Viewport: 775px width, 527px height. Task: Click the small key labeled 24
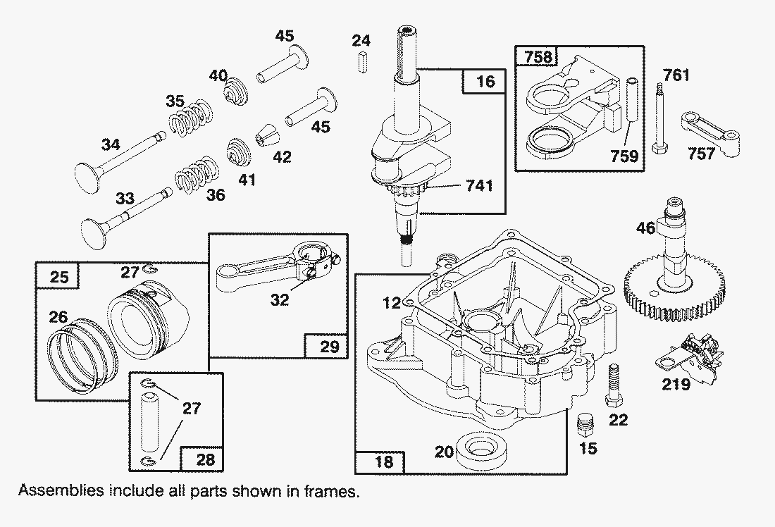click(x=361, y=61)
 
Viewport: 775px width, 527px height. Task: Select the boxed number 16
click(x=485, y=82)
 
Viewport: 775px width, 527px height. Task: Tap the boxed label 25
click(x=58, y=277)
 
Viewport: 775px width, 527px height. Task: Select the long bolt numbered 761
click(x=662, y=120)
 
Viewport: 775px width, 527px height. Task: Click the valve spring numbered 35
click(x=190, y=116)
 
